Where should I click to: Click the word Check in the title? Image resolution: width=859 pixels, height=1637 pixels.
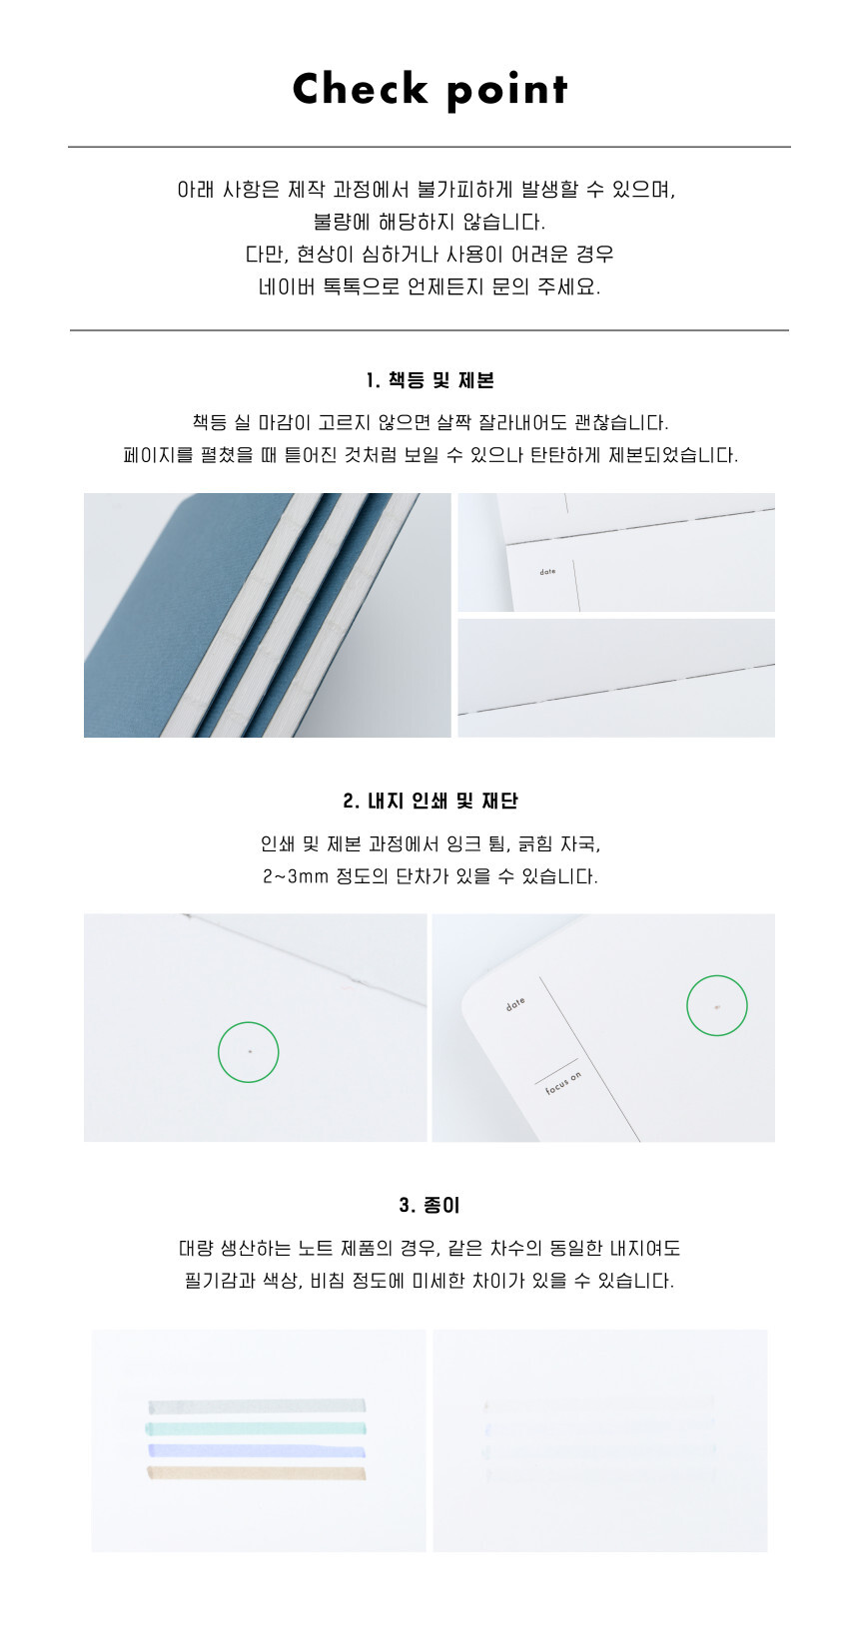coord(360,89)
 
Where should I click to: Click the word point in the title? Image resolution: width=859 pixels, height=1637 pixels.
coord(506,92)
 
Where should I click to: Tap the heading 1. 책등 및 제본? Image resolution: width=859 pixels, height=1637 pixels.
coord(429,380)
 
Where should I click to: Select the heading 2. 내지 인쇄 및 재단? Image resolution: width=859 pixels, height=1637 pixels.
coord(429,801)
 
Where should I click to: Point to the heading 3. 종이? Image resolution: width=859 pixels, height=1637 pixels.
coord(429,1205)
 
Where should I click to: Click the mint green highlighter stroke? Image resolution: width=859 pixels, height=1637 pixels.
coord(256,1428)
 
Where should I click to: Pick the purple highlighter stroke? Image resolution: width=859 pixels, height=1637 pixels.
coord(257,1450)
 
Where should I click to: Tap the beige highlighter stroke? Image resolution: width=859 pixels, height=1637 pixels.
coord(257,1472)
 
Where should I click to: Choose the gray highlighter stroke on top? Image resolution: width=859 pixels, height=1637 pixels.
coord(257,1406)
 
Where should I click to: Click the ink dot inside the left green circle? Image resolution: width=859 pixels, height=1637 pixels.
coord(250,1051)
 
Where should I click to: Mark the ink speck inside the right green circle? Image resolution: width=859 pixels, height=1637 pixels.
coord(716,1008)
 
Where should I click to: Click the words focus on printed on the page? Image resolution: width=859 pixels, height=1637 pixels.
coord(563,1083)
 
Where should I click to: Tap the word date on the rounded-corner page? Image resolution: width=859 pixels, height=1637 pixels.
coord(515,1004)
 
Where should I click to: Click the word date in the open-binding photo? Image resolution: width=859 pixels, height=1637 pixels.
coord(547,572)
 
